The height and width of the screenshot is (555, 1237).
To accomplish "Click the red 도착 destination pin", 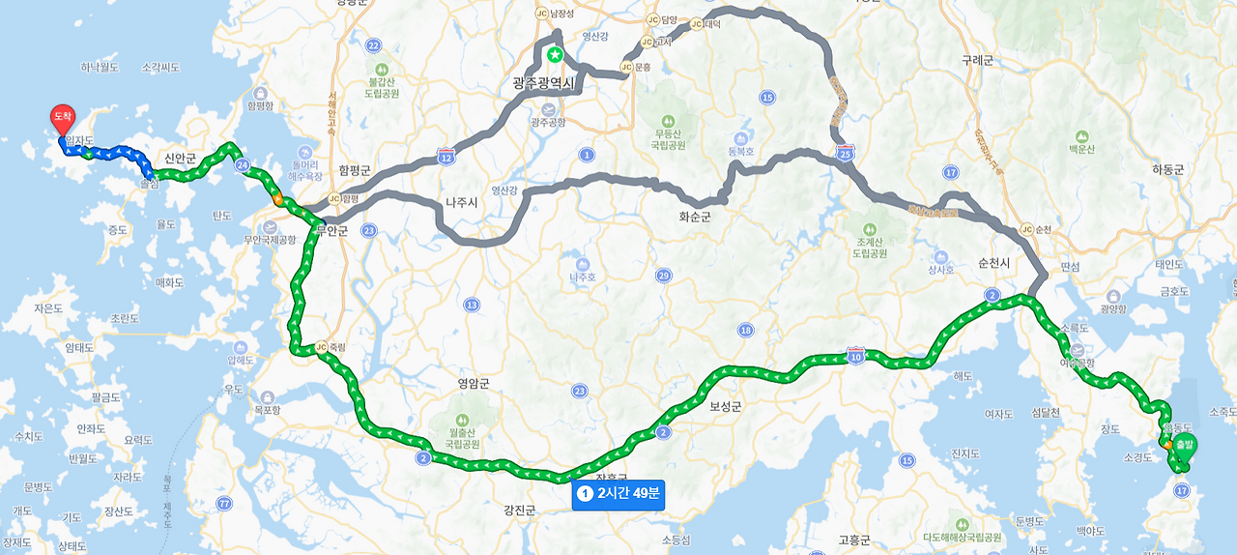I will tap(62, 118).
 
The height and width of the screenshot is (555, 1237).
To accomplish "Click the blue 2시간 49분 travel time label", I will tap(618, 494).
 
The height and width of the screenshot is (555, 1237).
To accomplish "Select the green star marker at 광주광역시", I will tap(555, 55).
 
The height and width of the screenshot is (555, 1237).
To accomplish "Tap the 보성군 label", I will tap(726, 407).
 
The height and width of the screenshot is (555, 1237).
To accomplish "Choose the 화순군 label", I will tap(694, 218).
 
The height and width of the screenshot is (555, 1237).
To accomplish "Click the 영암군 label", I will tap(474, 383).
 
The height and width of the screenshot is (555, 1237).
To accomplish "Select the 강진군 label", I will tap(519, 510).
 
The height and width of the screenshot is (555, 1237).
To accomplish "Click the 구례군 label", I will tap(977, 60).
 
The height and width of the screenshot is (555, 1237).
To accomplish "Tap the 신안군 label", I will tap(180, 158).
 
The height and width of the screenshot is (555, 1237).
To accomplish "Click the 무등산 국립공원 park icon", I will tap(663, 109).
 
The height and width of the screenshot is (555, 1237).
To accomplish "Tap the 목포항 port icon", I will tap(268, 396).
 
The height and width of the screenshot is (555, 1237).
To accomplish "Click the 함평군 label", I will tap(355, 170).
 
